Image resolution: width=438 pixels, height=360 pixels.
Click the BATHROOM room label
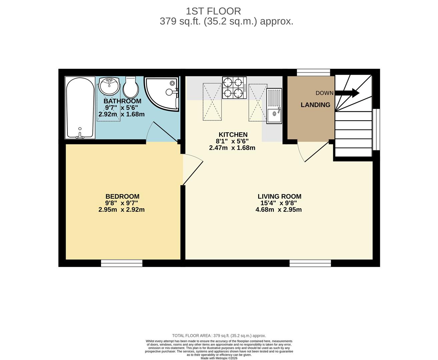coord(122,101)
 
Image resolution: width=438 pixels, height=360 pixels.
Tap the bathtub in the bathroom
coord(80,107)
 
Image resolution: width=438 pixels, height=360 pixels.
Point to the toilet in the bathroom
coord(131,87)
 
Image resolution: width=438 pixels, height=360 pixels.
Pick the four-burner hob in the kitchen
coord(234,88)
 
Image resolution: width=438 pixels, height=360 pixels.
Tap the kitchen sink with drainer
coord(274,106)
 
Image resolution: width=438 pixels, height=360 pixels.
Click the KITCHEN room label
coord(233,134)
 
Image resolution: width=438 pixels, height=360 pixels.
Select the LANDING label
coord(316,105)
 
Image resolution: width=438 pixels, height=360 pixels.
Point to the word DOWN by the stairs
coord(324,93)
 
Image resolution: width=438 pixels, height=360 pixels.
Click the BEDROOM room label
coord(122,196)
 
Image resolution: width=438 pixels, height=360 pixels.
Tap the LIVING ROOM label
coord(279,196)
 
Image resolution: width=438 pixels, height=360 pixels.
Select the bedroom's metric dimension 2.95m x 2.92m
coord(121,210)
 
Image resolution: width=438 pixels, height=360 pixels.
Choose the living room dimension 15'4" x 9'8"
coord(279,203)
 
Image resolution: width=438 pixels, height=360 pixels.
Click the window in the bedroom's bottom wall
coord(122,263)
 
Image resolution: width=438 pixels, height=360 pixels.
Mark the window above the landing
coord(313,72)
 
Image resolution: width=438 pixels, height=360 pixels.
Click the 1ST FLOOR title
coord(213,11)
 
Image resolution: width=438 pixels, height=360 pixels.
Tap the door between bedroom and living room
coord(192,170)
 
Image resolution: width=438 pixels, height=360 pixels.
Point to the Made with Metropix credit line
coord(219,358)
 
